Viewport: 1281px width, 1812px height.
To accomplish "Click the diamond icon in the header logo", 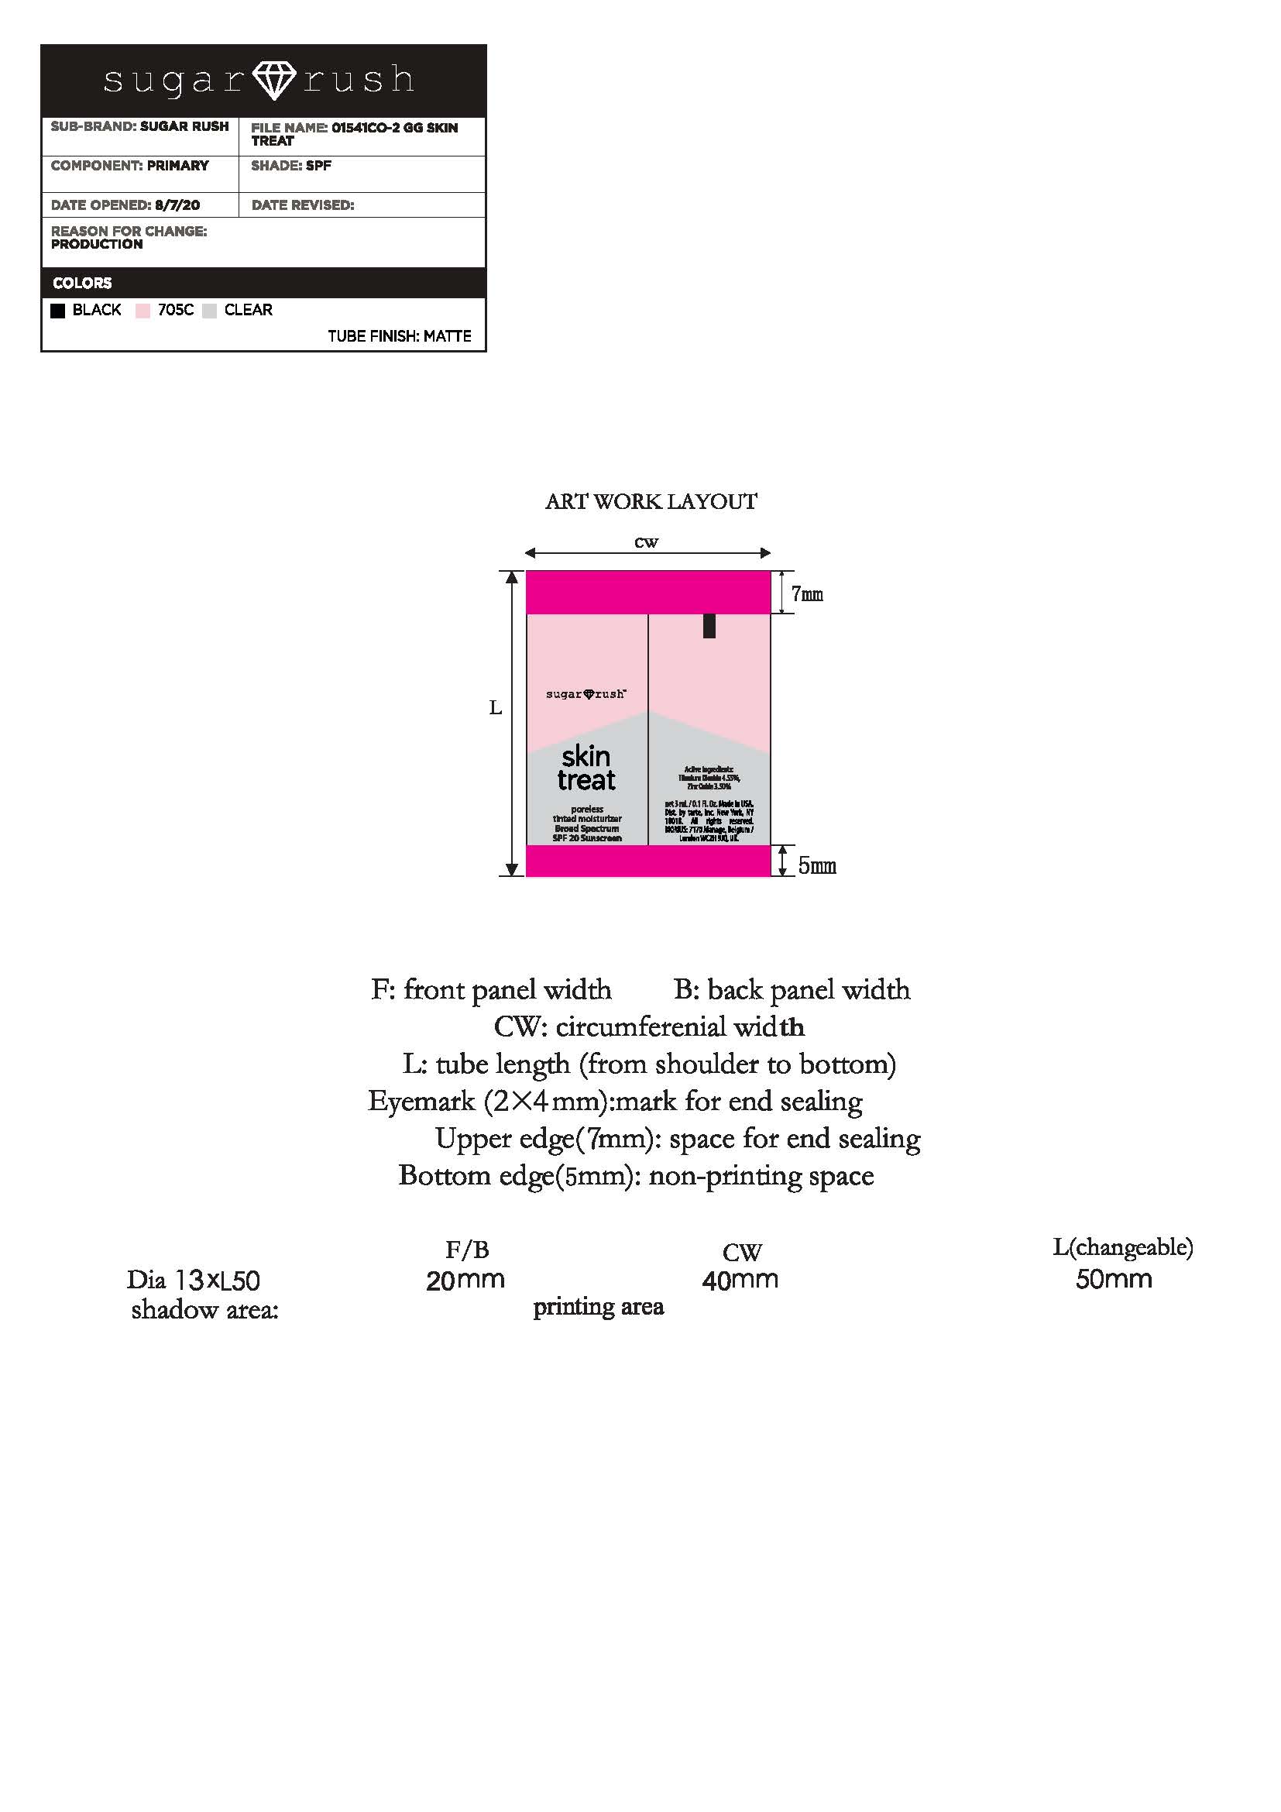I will pyautogui.click(x=273, y=81).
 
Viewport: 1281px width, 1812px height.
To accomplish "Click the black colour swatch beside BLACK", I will pyautogui.click(x=57, y=311).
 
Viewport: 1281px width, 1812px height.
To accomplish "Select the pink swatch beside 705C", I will pyautogui.click(x=143, y=311).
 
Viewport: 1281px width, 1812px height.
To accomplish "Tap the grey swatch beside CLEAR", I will pyautogui.click(x=209, y=311).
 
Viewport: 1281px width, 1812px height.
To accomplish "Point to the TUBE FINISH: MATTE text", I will pyautogui.click(x=399, y=336).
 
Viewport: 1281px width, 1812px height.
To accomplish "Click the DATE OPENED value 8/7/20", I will pyautogui.click(x=177, y=205).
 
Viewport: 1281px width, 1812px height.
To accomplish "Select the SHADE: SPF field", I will pyautogui.click(x=291, y=166).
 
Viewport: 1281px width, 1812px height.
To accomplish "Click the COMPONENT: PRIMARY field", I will pyautogui.click(x=130, y=166).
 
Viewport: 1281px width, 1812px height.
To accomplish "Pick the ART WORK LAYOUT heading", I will pyautogui.click(x=651, y=502).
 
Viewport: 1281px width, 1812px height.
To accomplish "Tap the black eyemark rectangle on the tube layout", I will pyautogui.click(x=709, y=626).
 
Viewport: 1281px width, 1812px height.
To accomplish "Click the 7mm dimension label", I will pyautogui.click(x=807, y=594).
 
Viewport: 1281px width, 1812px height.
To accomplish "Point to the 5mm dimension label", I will pyautogui.click(x=816, y=866).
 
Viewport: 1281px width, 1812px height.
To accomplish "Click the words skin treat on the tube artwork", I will pyautogui.click(x=586, y=768).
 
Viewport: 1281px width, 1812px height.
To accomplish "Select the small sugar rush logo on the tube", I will pyautogui.click(x=586, y=694).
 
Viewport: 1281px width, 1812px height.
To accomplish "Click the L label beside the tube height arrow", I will pyautogui.click(x=496, y=708).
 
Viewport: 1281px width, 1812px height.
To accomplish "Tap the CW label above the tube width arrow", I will pyautogui.click(x=646, y=542).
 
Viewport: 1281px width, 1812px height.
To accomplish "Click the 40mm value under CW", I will pyautogui.click(x=740, y=1279).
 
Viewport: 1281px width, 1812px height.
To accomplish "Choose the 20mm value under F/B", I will pyautogui.click(x=465, y=1279).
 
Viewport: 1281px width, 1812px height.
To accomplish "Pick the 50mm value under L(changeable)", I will pyautogui.click(x=1114, y=1279).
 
